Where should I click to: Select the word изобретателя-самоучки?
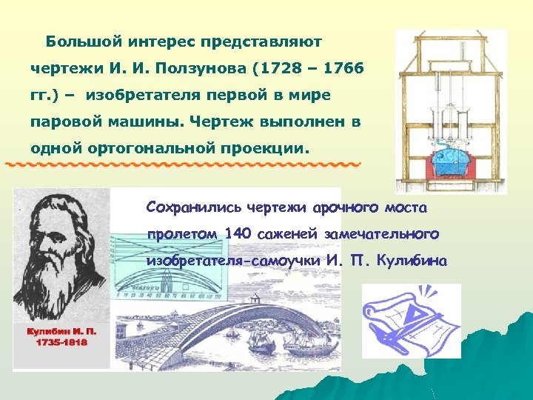point(233,261)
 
